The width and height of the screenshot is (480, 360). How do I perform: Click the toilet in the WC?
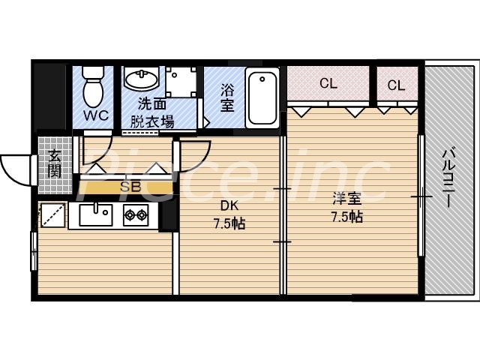pos(94,87)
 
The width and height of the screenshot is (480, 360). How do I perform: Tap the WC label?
pos(94,116)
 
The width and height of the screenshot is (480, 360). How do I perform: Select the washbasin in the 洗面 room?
pos(140,79)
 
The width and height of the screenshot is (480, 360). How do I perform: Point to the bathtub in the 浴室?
pos(262,97)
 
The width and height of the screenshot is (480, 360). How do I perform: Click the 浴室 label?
pos(227,97)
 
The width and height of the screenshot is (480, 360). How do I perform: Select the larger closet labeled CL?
pos(328,83)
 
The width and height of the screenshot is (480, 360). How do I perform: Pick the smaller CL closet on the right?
pos(396,85)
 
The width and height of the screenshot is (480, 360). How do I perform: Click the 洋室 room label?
pos(346,199)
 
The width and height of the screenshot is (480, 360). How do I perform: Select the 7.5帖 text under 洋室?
pos(346,217)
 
